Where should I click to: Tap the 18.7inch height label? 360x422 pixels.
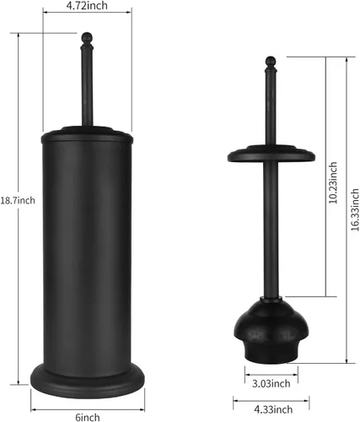(x=17, y=201)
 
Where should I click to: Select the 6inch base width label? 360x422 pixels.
(x=89, y=416)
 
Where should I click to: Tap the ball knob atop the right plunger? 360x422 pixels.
(x=271, y=61)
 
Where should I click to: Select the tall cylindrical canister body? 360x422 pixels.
(x=89, y=245)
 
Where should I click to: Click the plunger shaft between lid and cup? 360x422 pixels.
(x=271, y=228)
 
